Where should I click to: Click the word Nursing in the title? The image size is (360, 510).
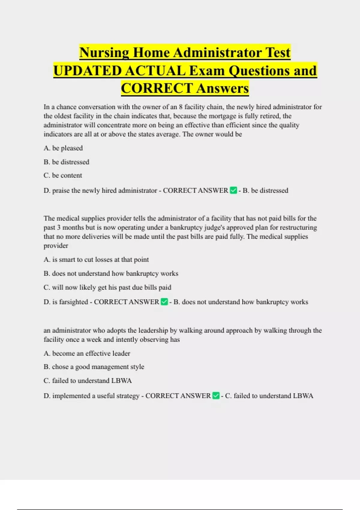click(104, 53)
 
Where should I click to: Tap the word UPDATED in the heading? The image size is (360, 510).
click(87, 71)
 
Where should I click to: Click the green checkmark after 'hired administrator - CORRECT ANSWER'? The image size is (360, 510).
click(233, 190)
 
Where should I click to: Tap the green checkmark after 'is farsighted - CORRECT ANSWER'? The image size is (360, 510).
click(164, 302)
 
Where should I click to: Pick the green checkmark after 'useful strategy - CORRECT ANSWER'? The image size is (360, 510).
click(216, 396)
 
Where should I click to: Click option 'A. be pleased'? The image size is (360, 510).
click(63, 148)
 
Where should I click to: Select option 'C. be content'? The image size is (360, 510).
click(63, 175)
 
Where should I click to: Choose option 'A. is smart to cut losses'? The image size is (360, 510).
click(96, 260)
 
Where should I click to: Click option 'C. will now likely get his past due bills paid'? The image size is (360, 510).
click(107, 287)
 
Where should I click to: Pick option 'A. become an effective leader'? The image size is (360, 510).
click(87, 353)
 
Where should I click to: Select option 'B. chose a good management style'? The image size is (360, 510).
click(94, 367)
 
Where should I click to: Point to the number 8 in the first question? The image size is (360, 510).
click(181, 107)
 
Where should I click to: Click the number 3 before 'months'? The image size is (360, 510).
click(59, 227)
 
